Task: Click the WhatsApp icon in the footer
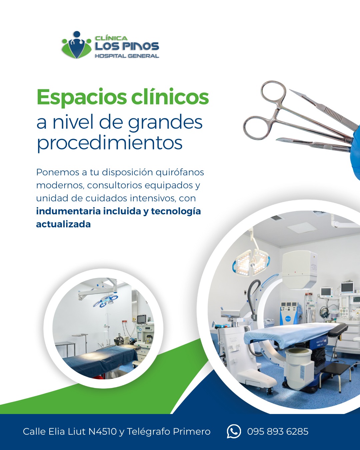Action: click(x=234, y=431)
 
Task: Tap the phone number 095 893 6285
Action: click(x=278, y=432)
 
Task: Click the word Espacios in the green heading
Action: click(x=82, y=97)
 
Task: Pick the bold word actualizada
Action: click(x=63, y=224)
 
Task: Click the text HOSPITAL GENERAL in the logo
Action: click(x=127, y=56)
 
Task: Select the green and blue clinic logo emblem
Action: click(x=77, y=45)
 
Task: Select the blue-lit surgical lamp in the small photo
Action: click(x=106, y=300)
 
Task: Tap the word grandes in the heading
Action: click(x=165, y=123)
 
